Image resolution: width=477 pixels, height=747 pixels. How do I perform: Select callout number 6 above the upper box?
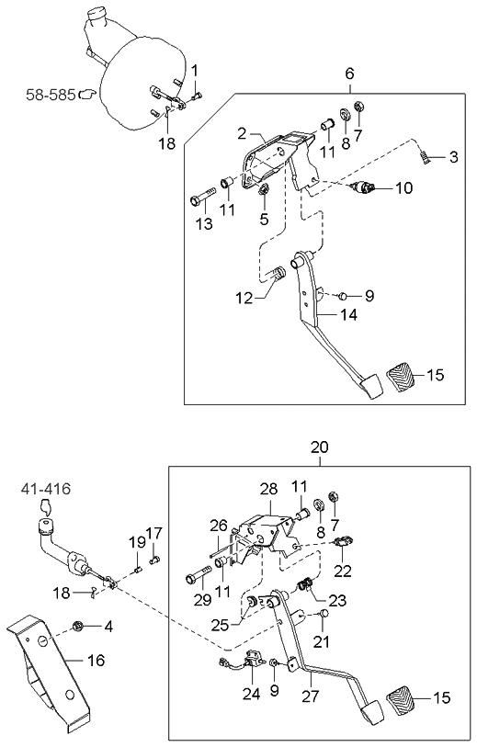tap(349, 74)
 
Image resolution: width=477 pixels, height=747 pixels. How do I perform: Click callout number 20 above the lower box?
tap(319, 447)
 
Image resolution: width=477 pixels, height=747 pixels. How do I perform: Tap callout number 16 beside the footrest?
tap(97, 660)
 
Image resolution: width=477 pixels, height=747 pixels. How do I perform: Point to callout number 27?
tap(311, 696)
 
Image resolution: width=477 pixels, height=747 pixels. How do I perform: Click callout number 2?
tap(242, 134)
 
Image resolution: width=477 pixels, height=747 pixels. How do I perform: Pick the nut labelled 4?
tap(79, 628)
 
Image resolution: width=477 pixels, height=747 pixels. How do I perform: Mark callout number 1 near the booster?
tap(194, 71)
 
